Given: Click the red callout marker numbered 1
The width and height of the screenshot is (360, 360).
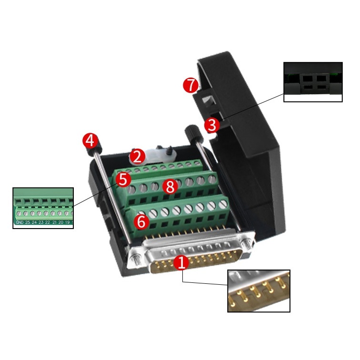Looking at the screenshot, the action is point(181,262).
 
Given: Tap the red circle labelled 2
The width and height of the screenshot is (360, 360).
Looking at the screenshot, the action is point(137,157).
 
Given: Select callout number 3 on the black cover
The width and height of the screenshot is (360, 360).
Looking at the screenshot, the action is point(212,125).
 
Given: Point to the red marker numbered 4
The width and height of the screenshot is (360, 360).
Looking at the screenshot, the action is point(90,140).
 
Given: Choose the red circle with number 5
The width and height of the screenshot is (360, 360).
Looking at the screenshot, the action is point(123,180).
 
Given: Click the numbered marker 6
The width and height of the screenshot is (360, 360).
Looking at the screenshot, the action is point(141,221).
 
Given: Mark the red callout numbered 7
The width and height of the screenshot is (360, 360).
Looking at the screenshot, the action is point(190,85).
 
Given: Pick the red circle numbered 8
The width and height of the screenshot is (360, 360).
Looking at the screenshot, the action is point(170,187).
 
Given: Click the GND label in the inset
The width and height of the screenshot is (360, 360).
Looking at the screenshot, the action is point(20,222).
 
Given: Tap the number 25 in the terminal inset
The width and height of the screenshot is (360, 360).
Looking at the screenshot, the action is point(28,222).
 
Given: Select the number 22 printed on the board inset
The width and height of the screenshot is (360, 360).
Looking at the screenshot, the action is point(48,222).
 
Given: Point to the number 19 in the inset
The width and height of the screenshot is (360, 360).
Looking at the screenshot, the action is point(67,222).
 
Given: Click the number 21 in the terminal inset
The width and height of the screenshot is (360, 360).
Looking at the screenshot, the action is point(54,222).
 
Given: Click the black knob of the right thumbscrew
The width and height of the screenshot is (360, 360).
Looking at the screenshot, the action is point(193,133).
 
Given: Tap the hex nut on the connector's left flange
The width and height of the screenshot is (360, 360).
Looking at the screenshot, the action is point(135,258).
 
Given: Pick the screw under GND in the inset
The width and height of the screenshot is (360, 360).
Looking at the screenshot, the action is point(19,214).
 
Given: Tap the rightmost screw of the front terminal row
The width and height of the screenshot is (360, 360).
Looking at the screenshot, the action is point(222,204).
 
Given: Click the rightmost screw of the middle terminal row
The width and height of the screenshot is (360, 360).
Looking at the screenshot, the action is point(212,179).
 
